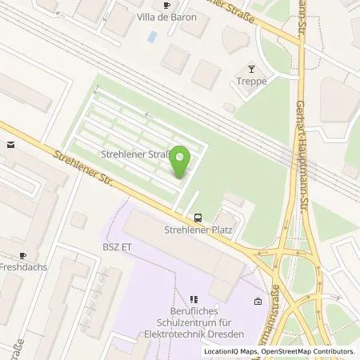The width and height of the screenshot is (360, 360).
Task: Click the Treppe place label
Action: (x=250, y=82)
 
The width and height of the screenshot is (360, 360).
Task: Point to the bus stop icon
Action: (x=197, y=217)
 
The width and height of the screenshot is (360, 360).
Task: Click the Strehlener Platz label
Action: (x=197, y=230)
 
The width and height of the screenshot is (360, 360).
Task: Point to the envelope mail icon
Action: (x=10, y=145)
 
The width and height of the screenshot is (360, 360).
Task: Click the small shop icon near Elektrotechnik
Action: (x=257, y=302)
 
